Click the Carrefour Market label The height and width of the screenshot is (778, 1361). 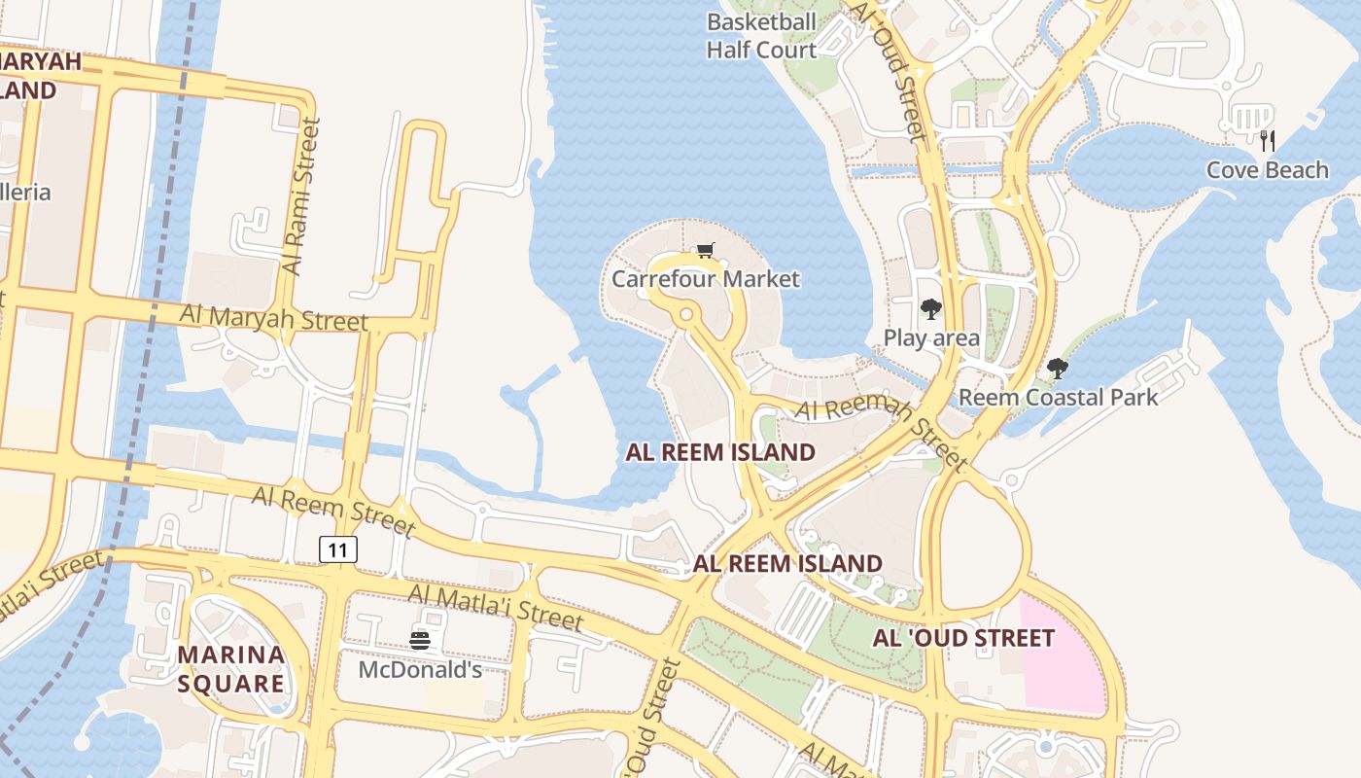pos(706,279)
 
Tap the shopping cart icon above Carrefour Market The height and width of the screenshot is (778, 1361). pos(706,252)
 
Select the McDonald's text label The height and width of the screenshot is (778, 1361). pos(420,670)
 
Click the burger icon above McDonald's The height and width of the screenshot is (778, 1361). pos(420,640)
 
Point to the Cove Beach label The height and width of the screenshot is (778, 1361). pos(1267,170)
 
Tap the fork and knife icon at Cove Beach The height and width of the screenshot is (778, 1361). pos(1267,141)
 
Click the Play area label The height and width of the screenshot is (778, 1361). pos(931,338)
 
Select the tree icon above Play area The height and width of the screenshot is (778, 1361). pos(931,310)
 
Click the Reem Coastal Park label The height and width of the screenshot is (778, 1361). pos(1058,398)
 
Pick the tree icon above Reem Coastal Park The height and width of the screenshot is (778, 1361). pos(1058,369)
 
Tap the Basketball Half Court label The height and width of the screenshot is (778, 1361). pos(761,36)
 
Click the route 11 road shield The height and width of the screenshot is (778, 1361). pos(338,550)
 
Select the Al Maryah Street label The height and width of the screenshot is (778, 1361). pos(274,317)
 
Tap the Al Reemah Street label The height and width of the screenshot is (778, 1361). pos(881,426)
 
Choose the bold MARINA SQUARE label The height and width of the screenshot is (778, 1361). pos(231,668)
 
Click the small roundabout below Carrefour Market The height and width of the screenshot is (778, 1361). pos(686,314)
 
